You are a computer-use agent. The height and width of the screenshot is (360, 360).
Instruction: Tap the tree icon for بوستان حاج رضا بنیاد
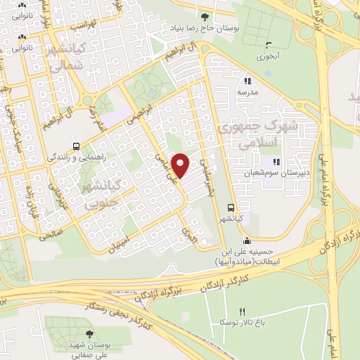click(x=205, y=15)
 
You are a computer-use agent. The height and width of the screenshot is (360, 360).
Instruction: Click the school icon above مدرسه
click(x=246, y=79)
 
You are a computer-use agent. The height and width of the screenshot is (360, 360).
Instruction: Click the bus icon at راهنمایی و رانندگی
click(x=76, y=147)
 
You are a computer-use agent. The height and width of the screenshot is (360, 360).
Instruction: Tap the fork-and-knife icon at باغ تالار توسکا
click(x=243, y=311)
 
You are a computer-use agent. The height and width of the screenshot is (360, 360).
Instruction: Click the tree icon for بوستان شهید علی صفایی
click(x=89, y=334)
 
